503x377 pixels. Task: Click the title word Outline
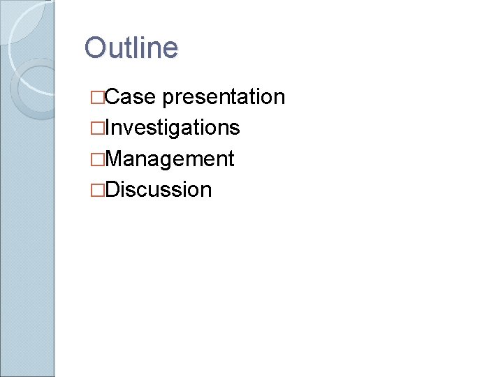(x=131, y=48)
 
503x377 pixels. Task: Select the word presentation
(x=223, y=96)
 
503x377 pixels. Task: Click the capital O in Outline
(x=94, y=48)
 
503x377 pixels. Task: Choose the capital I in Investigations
(x=107, y=127)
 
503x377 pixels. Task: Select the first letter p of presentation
(x=168, y=98)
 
